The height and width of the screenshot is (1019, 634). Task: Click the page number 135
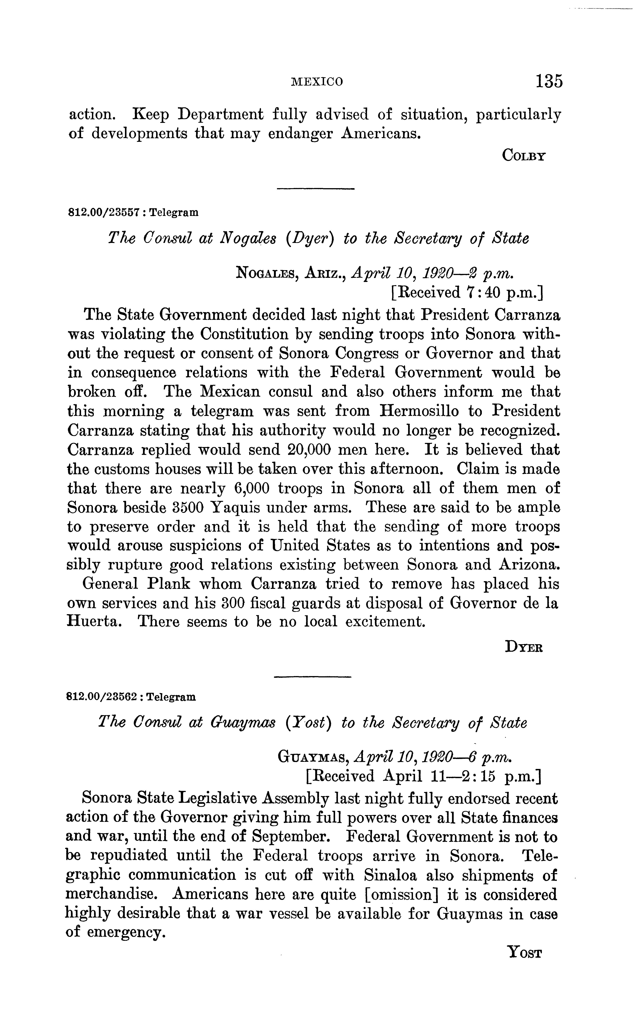click(548, 81)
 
